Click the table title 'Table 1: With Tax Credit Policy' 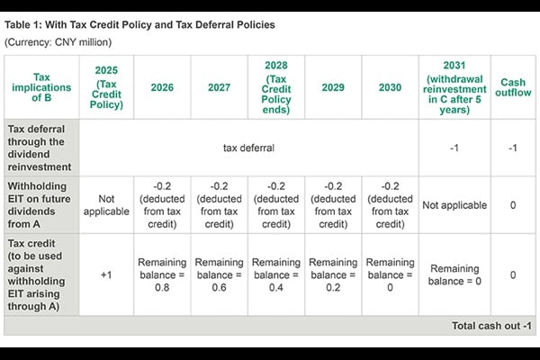(139, 24)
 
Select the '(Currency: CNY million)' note (56, 42)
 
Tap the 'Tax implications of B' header (41, 87)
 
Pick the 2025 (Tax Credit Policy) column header (106, 87)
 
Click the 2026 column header (162, 87)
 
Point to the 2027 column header (219, 87)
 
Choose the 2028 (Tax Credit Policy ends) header (276, 87)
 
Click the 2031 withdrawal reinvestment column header (454, 87)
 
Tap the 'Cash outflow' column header (512, 87)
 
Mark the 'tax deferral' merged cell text (249, 147)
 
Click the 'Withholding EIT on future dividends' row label (41, 205)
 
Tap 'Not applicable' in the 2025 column (106, 205)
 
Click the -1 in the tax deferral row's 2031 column (454, 147)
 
